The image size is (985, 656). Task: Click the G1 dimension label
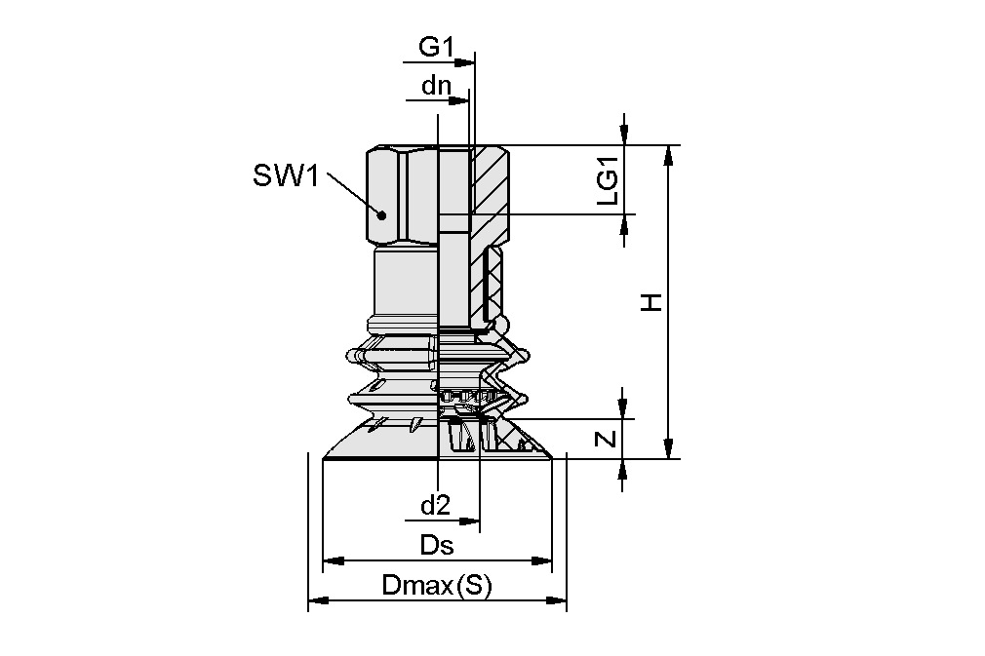click(x=436, y=47)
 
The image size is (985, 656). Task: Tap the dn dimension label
click(x=437, y=85)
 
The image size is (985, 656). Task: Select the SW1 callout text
click(x=286, y=175)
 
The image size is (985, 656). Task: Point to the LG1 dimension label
click(x=608, y=180)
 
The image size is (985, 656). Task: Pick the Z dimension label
click(x=607, y=438)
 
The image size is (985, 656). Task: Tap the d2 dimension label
click(x=435, y=505)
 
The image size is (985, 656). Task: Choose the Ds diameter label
click(x=437, y=546)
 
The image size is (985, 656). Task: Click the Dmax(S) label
click(x=437, y=586)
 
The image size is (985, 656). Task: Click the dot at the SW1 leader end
click(x=380, y=214)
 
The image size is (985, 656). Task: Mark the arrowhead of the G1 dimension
click(x=465, y=62)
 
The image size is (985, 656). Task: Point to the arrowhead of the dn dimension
click(x=460, y=99)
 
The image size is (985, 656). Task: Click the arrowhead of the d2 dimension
click(x=470, y=521)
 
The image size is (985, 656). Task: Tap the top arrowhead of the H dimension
click(x=669, y=154)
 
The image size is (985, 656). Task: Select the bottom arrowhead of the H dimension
click(x=669, y=448)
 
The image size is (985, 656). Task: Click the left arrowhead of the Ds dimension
click(x=333, y=560)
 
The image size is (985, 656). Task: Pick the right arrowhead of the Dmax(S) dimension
click(x=557, y=600)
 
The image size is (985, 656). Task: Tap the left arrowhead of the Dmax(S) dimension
click(x=318, y=600)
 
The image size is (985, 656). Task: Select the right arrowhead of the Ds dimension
click(x=541, y=560)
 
